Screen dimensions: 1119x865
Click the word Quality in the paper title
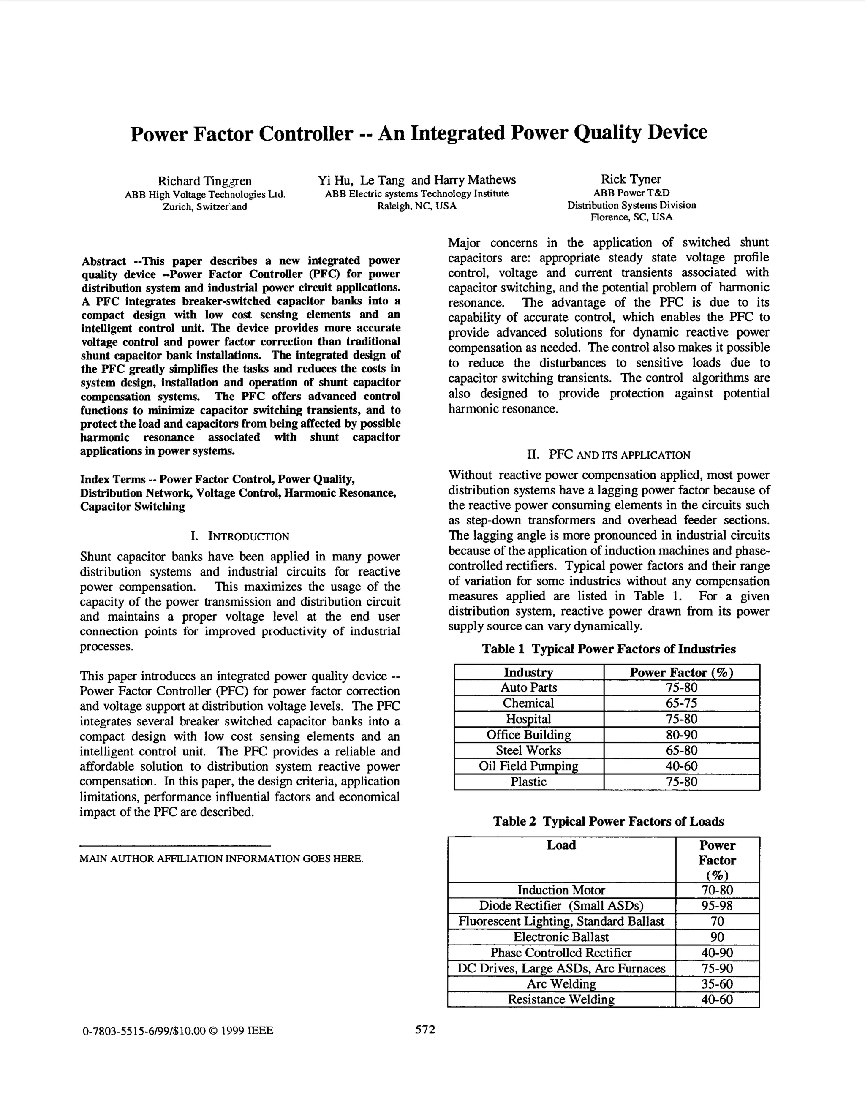(607, 133)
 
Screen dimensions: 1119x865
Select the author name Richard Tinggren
(204, 181)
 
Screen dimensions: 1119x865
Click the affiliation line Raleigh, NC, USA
(416, 206)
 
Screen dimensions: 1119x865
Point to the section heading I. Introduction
(240, 536)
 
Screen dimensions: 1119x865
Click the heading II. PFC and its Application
(609, 454)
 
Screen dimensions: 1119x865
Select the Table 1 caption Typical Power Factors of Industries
(608, 649)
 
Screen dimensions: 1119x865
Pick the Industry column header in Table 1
(528, 672)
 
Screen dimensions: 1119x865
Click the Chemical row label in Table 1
(528, 703)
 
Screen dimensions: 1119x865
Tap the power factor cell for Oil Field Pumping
(682, 766)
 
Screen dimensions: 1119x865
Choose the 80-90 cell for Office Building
(682, 735)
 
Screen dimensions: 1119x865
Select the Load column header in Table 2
(561, 845)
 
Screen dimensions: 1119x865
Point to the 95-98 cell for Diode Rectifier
(717, 905)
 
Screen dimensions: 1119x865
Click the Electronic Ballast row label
(561, 937)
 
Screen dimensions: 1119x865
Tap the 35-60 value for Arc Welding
(717, 984)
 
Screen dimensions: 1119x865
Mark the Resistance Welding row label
(561, 999)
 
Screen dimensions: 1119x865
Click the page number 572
(425, 1029)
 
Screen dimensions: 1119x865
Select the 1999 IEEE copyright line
(178, 1030)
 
